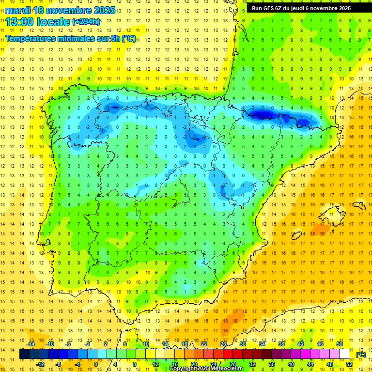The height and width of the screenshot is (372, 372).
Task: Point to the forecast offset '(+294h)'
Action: (86, 22)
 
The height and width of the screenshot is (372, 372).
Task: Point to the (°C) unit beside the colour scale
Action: (360, 355)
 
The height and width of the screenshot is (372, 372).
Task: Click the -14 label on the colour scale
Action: (31, 344)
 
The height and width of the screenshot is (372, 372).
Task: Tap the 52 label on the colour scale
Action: (349, 364)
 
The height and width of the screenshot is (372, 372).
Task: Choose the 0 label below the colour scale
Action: (95, 364)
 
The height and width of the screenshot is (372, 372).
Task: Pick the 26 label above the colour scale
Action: (223, 344)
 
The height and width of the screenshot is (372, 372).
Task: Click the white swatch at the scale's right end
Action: (344, 354)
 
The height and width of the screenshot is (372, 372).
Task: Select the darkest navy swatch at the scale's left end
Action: (24, 354)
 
